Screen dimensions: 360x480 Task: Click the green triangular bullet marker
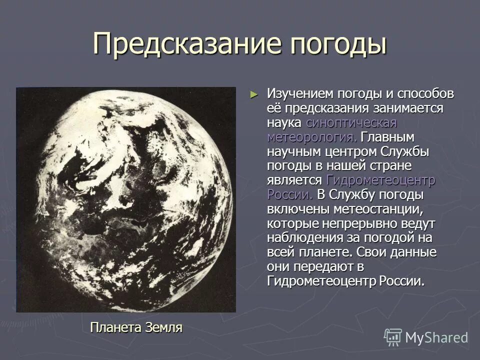(x=254, y=94)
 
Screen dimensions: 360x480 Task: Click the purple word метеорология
(x=312, y=137)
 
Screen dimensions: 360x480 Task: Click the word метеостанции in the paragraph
(x=373, y=209)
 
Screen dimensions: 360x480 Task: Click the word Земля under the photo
(x=164, y=327)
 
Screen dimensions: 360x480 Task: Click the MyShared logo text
(x=436, y=337)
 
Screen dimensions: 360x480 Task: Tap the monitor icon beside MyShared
(x=393, y=337)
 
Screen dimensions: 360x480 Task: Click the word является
(x=294, y=180)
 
